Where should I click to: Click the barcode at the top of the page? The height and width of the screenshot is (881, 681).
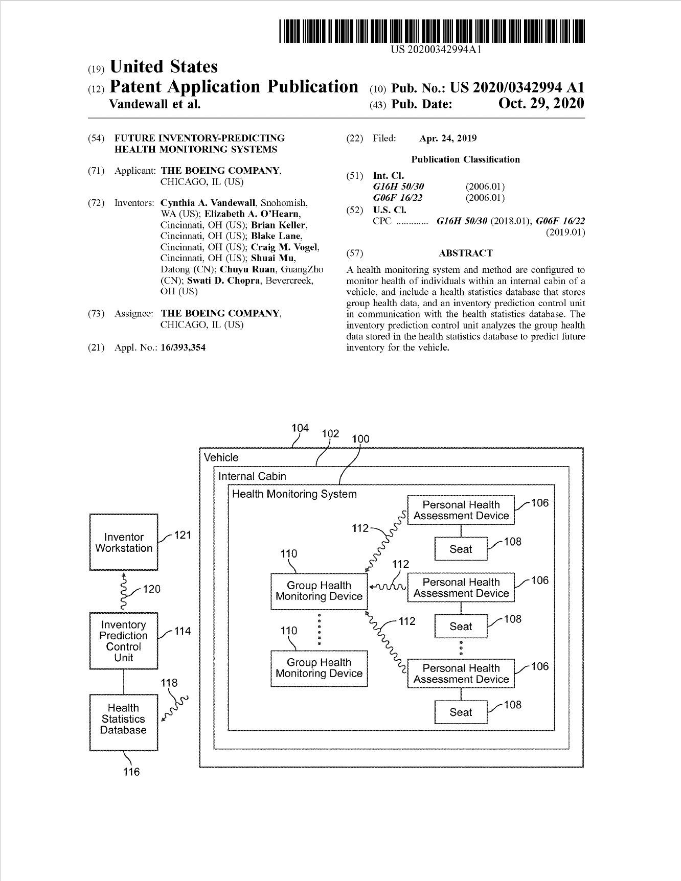[x=432, y=31]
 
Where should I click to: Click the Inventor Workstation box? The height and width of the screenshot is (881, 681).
[x=124, y=543]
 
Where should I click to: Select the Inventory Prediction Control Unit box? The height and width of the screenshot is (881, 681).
[x=124, y=641]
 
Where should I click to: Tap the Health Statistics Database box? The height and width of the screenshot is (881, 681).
[x=124, y=722]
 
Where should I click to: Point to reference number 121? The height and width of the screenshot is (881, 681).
[x=183, y=535]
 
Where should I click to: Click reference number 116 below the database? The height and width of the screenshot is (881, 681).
[x=131, y=772]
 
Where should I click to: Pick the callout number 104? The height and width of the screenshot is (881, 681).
[x=300, y=428]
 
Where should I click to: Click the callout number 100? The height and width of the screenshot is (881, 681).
[x=360, y=439]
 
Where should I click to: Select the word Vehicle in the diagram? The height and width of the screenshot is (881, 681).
[x=221, y=457]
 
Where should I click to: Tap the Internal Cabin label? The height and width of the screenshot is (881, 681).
[x=252, y=476]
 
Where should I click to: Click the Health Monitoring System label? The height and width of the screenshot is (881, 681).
[x=294, y=494]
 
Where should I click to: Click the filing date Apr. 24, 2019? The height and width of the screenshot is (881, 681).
[x=447, y=138]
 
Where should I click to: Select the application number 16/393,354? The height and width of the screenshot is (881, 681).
[x=183, y=347]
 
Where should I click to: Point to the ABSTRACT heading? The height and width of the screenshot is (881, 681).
[x=465, y=253]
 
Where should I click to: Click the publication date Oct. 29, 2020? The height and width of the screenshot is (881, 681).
[x=540, y=104]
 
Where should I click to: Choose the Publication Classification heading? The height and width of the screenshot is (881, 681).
[x=465, y=159]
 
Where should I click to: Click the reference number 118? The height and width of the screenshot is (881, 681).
[x=169, y=683]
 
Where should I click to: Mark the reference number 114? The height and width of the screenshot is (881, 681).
[x=183, y=631]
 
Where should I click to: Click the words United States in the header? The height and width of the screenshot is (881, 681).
[x=164, y=67]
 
